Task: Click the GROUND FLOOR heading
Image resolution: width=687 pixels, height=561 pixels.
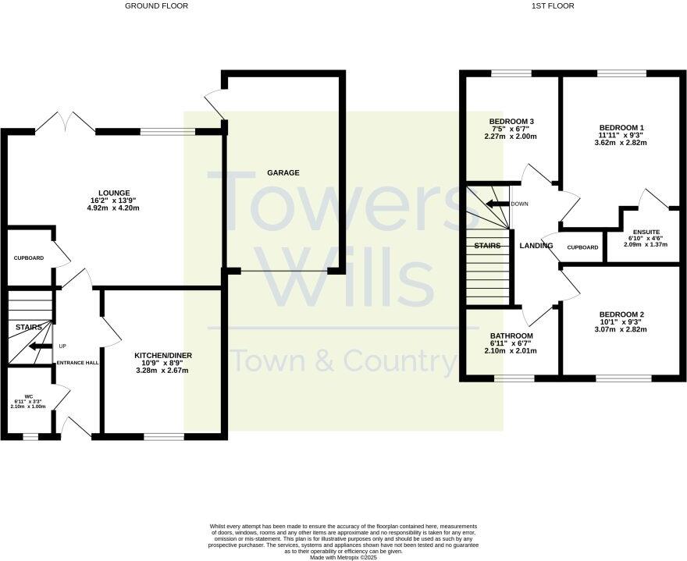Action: pyautogui.click(x=156, y=6)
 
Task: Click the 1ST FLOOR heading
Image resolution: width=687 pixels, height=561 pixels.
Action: pyautogui.click(x=553, y=6)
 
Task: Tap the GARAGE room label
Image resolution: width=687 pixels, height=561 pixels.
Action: pyautogui.click(x=283, y=173)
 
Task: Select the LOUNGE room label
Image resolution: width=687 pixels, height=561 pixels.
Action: pyautogui.click(x=114, y=193)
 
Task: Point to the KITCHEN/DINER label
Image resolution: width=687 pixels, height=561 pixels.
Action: pyautogui.click(x=163, y=356)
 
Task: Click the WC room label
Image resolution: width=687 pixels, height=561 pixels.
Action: pyautogui.click(x=29, y=396)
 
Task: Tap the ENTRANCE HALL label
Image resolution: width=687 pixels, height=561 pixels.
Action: pyautogui.click(x=77, y=363)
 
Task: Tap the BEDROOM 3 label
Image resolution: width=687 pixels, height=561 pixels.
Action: pyautogui.click(x=511, y=122)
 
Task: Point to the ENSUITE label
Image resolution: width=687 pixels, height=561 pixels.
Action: pyautogui.click(x=646, y=232)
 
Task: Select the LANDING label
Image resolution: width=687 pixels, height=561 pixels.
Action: pyautogui.click(x=536, y=246)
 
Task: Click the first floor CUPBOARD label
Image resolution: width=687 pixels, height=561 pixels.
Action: pyautogui.click(x=582, y=247)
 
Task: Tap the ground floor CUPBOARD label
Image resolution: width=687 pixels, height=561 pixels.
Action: pyautogui.click(x=29, y=257)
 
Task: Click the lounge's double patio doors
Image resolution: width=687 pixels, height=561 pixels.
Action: pyautogui.click(x=66, y=123)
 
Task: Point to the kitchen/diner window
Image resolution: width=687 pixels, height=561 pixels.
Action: pyautogui.click(x=163, y=435)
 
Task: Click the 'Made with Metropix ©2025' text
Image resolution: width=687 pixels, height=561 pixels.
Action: pyautogui.click(x=343, y=557)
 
